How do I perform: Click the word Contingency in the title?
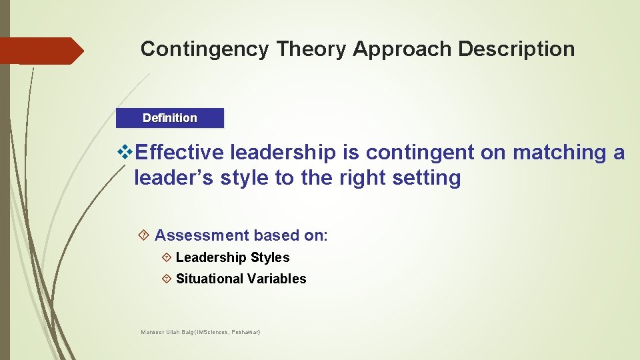pos(204,49)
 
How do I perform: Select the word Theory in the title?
pos(311,49)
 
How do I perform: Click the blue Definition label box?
pos(170,118)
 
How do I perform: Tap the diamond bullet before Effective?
pos(125,153)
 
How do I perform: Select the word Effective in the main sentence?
pos(179,153)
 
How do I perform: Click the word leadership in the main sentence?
pos(283,153)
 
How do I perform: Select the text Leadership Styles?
pos(233,257)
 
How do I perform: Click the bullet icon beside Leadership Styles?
pos(167,257)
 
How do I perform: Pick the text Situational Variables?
pos(241,279)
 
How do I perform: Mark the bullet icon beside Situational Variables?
pos(167,279)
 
